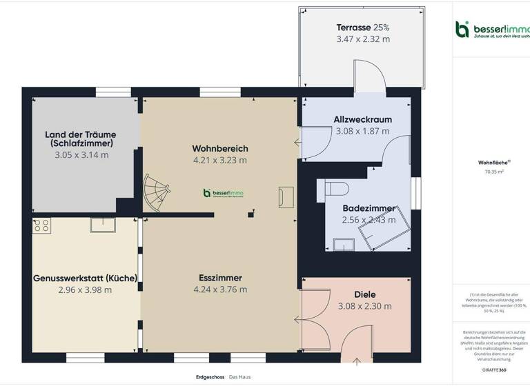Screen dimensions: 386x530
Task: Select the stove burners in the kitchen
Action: tap(41, 225)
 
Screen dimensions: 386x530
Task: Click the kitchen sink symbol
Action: tap(102, 225)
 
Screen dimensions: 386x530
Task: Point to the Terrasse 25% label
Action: tap(362, 28)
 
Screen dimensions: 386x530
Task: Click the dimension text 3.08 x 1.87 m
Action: tap(362, 131)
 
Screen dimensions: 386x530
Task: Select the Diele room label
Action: tap(364, 294)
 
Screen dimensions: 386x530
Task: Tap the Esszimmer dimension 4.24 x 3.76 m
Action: tap(220, 289)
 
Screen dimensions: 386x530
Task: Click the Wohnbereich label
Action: tap(220, 148)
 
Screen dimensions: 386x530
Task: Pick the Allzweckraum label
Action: tap(362, 119)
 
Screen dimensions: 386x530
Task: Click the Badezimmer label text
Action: tap(369, 208)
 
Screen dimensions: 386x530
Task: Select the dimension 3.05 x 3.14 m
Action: tap(81, 155)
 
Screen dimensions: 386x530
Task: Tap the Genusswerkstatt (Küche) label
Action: tap(85, 278)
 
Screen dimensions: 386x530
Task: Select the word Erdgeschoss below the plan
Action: tap(210, 377)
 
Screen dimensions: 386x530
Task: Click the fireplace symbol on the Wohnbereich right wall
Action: tap(285, 197)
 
